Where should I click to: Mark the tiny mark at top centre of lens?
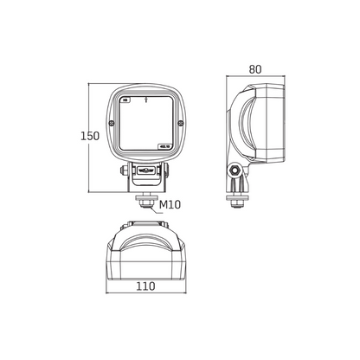tap(146, 100)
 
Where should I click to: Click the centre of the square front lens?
tap(146, 125)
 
